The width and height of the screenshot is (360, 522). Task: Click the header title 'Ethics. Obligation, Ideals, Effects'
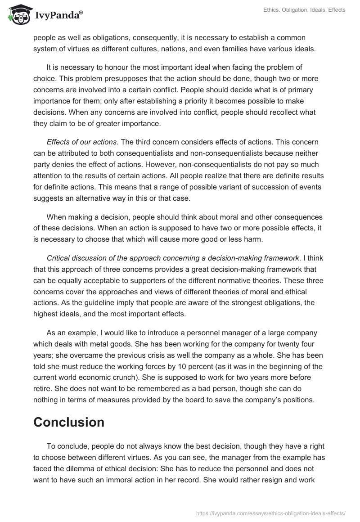pos(298,10)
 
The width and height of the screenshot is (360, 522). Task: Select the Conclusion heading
pos(69,422)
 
